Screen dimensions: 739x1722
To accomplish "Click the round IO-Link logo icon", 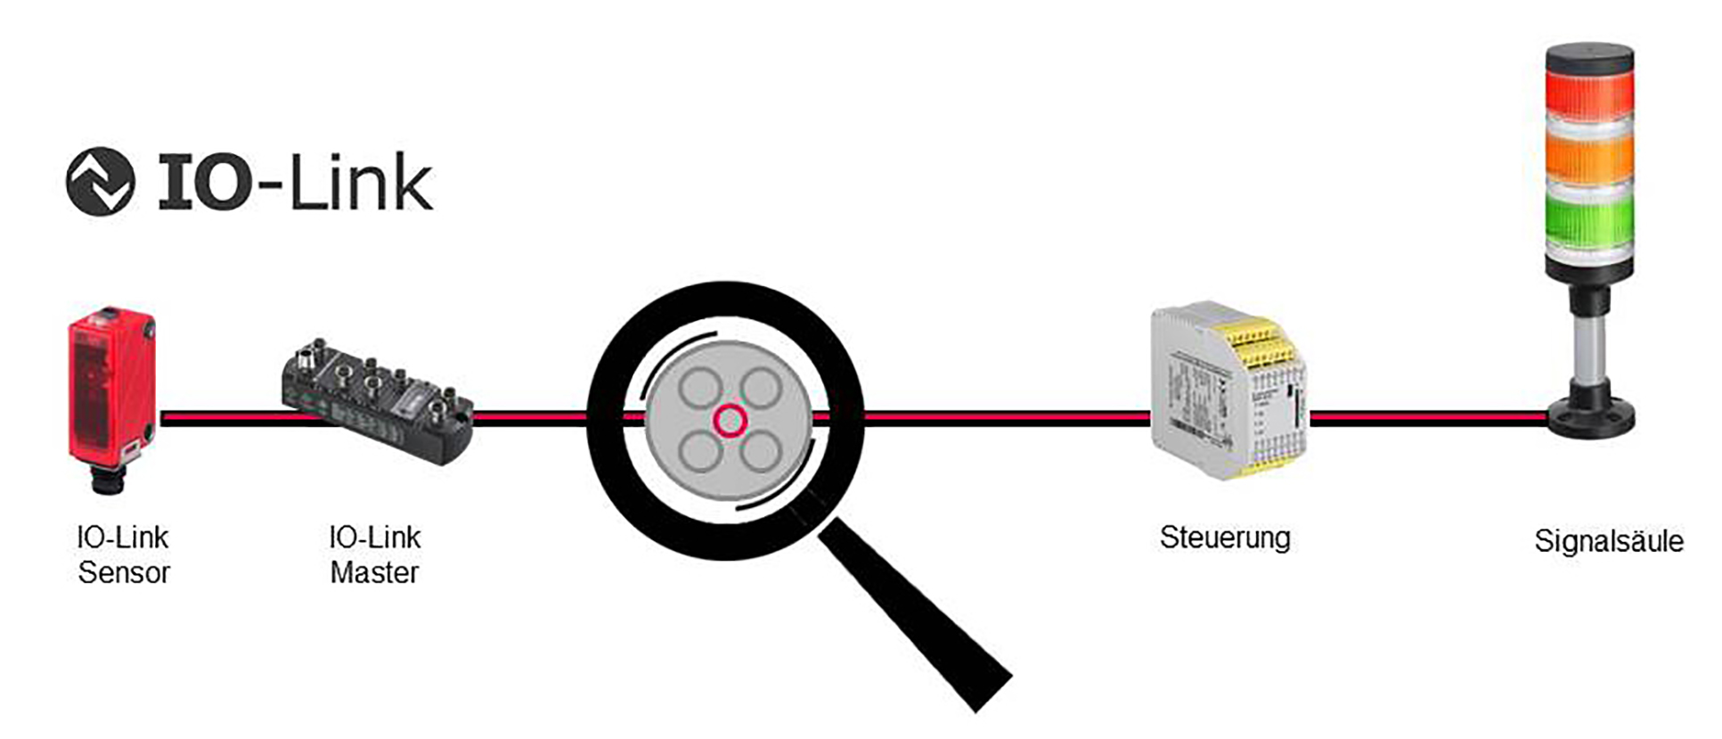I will (x=101, y=182).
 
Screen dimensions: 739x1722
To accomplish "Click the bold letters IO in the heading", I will (x=204, y=183).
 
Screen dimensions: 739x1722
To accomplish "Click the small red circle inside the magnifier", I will (x=730, y=420).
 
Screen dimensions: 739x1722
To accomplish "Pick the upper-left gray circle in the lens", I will (x=699, y=388).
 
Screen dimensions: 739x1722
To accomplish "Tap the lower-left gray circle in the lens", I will (x=700, y=452).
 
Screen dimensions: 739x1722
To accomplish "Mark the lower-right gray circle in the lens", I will (x=761, y=452).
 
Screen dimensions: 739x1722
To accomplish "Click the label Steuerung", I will (x=1225, y=538).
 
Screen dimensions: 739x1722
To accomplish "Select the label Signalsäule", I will (x=1609, y=541).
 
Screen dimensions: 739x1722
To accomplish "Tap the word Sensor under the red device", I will (x=123, y=572).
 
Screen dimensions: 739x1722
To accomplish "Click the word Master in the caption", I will (x=374, y=572).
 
